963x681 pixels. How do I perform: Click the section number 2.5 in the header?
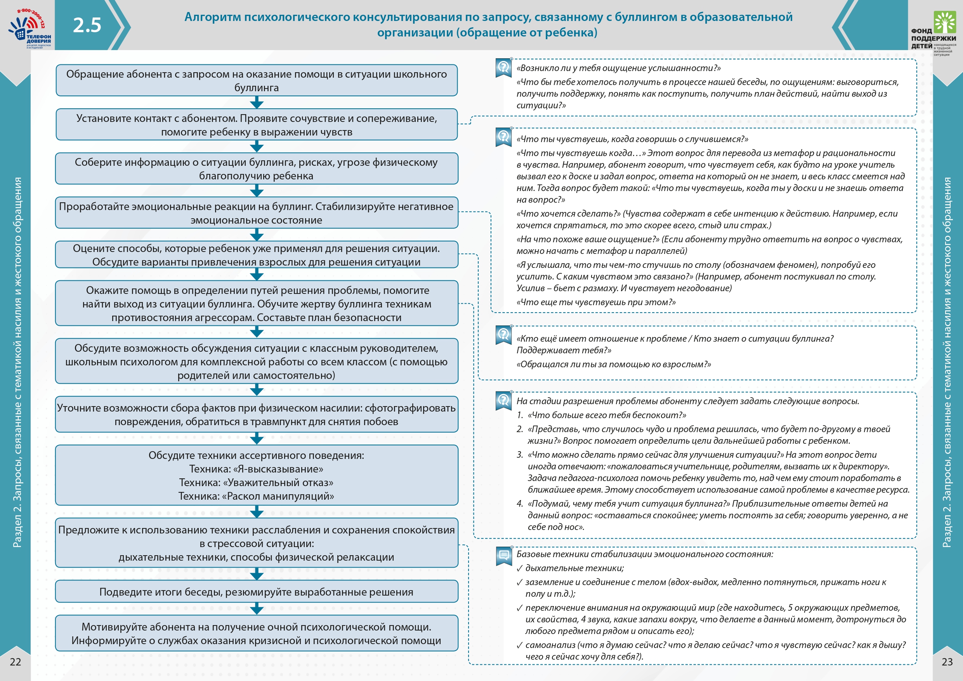(87, 25)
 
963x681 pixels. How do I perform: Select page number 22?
(16, 662)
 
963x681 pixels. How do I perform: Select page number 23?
(947, 662)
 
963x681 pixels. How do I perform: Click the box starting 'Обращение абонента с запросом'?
(256, 80)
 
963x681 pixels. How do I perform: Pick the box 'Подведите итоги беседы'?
(256, 592)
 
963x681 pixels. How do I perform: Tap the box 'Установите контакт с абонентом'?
(256, 125)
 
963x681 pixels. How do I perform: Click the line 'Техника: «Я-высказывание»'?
(256, 469)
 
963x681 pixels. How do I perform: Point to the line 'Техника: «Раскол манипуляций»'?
(256, 496)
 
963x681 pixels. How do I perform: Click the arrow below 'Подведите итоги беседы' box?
(257, 608)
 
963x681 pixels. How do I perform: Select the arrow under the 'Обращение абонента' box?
(257, 102)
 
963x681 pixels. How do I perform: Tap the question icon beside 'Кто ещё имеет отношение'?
(503, 335)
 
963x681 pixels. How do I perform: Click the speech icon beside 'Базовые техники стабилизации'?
(504, 556)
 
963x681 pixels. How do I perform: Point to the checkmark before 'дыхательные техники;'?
(520, 568)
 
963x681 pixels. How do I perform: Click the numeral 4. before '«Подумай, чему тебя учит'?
(520, 504)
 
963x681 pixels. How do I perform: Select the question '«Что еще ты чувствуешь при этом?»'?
(596, 302)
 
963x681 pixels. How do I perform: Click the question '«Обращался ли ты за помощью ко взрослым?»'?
(614, 364)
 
